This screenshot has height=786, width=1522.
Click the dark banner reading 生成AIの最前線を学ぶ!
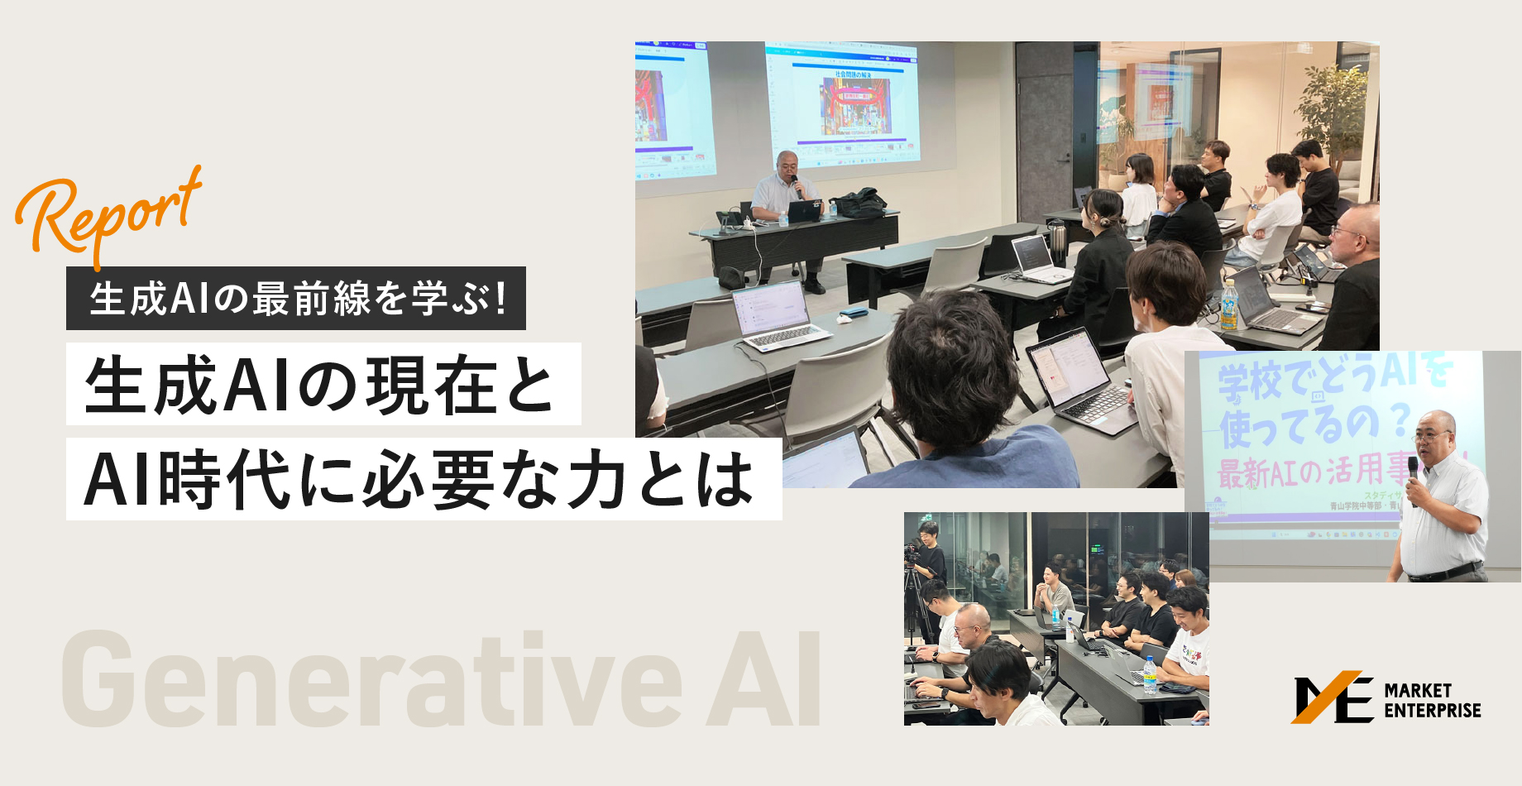click(295, 299)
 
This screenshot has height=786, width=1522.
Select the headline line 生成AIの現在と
click(323, 385)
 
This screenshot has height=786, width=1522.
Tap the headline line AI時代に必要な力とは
click(423, 480)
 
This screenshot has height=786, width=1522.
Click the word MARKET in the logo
click(1418, 690)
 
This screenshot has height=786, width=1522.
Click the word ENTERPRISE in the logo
click(1433, 711)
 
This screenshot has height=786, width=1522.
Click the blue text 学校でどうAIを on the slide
click(1332, 376)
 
